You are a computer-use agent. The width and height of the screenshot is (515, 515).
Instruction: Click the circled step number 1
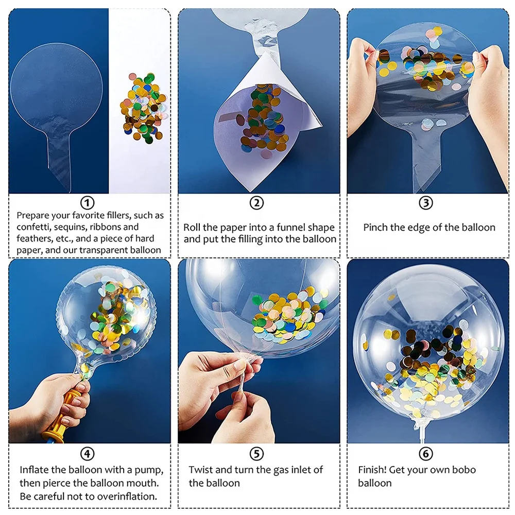88,202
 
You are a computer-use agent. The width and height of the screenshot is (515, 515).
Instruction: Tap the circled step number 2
256,202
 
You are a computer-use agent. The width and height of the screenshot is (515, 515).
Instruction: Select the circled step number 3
425,202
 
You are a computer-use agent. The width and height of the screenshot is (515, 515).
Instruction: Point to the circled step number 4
88,453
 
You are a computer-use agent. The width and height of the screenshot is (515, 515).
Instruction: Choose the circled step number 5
256,453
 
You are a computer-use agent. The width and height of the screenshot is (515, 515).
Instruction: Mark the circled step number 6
425,453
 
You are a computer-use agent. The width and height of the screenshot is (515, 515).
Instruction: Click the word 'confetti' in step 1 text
34,227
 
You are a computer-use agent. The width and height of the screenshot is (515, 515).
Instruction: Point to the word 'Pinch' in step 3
377,227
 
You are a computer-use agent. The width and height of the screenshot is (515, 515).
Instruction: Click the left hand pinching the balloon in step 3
363,88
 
